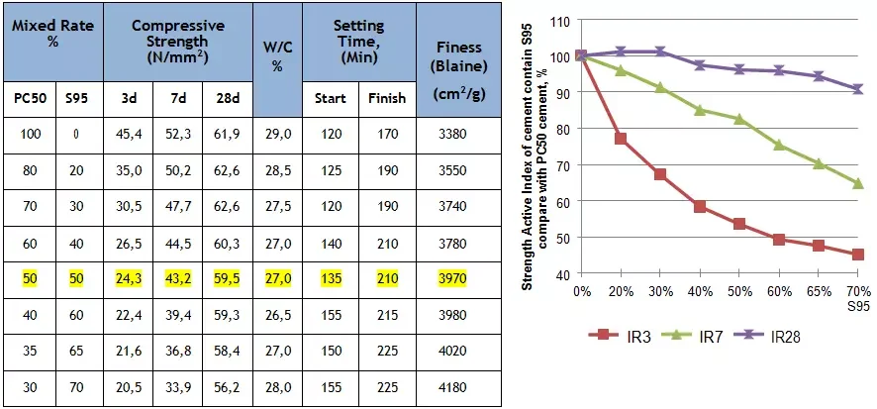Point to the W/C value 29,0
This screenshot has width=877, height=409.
pos(278,134)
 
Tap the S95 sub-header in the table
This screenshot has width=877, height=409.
pos(76,98)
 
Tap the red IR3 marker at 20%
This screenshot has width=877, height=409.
pos(621,139)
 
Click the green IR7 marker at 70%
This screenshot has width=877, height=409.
pos(858,183)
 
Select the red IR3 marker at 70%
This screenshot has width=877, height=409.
pos(858,255)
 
